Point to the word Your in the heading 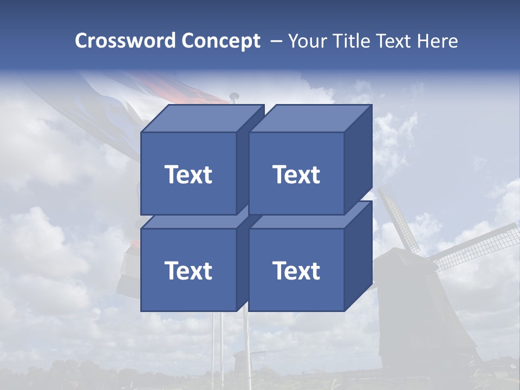308,41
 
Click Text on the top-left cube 188,174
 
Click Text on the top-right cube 296,174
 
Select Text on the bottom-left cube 188,270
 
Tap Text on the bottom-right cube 296,270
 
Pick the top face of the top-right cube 310,119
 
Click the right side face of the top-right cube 358,157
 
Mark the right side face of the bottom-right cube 358,255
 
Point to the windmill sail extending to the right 474,246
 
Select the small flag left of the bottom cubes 128,274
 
